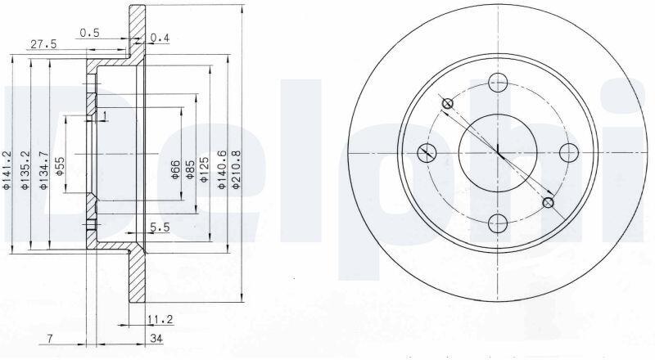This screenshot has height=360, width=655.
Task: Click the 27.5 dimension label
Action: pos(44,44)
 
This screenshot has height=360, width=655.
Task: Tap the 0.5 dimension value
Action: pos(90,33)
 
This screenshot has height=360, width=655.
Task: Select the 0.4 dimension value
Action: pos(160,38)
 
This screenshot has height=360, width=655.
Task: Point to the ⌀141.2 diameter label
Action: pos(7,170)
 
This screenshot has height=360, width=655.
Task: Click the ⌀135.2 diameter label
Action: pos(25,170)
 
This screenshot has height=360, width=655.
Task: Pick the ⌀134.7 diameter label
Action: pos(43,170)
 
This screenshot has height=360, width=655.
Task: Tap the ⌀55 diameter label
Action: pos(60,166)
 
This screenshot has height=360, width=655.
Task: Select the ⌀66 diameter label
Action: pos(175,170)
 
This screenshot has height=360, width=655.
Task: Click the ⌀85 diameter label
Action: pos(190,170)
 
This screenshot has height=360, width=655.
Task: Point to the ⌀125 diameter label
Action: pos(204,169)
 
